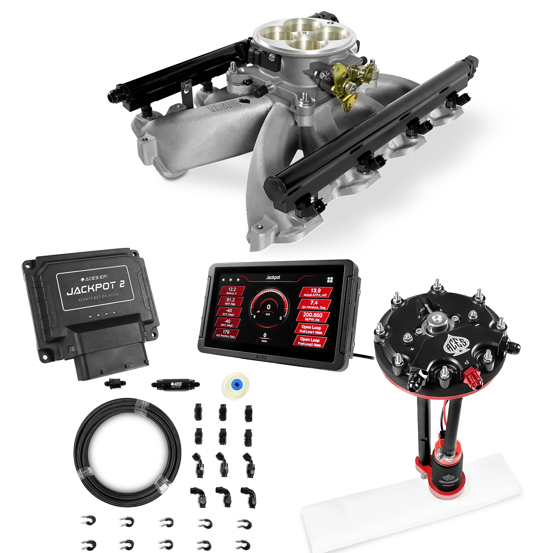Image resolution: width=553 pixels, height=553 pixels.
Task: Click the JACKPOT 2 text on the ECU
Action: [x=95, y=288]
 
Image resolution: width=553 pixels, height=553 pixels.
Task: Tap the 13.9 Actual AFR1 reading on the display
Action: [x=316, y=292]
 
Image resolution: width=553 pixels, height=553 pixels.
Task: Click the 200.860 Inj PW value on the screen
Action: [x=312, y=317]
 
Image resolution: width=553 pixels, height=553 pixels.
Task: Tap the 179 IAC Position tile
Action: [x=226, y=334]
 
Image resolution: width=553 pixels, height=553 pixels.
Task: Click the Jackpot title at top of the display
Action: [x=273, y=278]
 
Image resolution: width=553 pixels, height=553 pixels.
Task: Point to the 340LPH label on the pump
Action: [x=449, y=485]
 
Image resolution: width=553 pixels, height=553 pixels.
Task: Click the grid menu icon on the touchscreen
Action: [x=330, y=280]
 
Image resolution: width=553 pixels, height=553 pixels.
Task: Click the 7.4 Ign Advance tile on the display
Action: [x=314, y=304]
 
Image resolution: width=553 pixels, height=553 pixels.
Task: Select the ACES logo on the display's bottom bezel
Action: [x=261, y=357]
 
